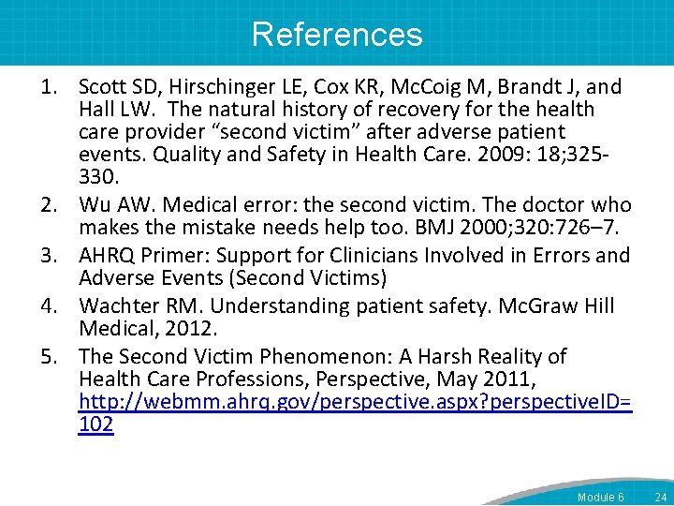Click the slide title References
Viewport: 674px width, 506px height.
pos(337,35)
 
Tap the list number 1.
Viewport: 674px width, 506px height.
pos(49,88)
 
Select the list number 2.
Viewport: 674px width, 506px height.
pos(49,205)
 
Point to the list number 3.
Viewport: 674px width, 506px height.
pos(49,256)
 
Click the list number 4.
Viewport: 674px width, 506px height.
pos(49,306)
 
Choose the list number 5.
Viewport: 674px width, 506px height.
pos(49,357)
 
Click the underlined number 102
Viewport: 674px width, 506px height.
pos(96,425)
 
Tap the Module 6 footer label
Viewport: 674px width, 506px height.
pos(601,497)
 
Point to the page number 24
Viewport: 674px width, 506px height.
pos(661,497)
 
